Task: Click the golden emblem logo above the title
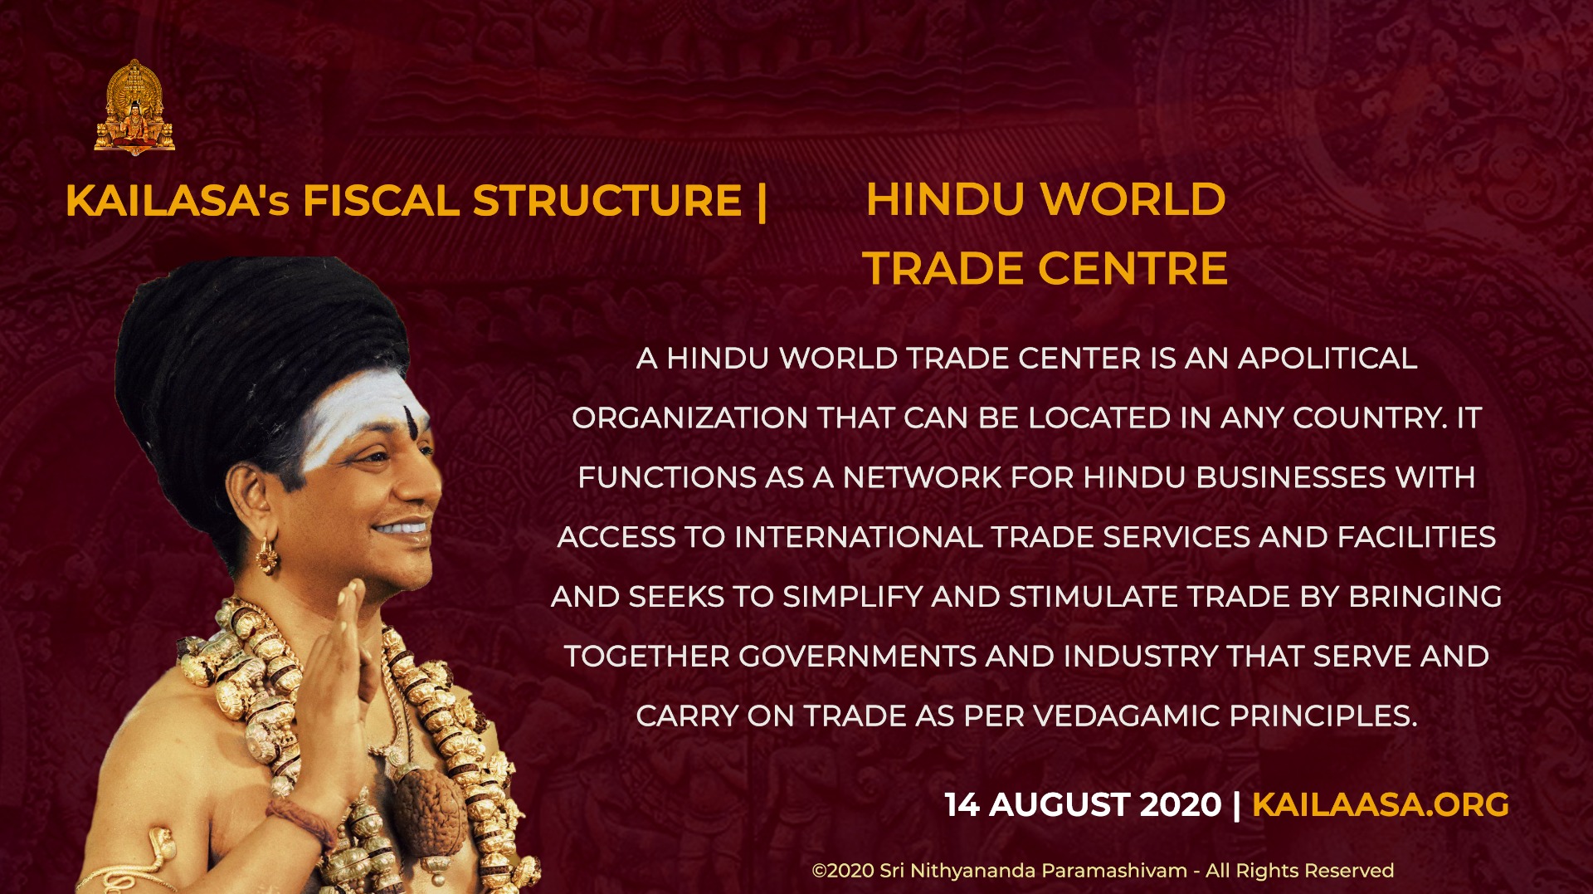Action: (x=134, y=107)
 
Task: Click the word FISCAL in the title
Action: (x=381, y=201)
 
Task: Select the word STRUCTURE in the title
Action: (x=607, y=201)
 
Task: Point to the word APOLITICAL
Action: (x=1327, y=359)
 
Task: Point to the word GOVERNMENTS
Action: (x=857, y=657)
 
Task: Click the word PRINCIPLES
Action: (x=1323, y=716)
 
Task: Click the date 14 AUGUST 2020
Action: (x=1084, y=804)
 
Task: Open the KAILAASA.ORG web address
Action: (x=1381, y=804)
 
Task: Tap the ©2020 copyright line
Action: (x=1103, y=871)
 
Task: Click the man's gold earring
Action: (x=267, y=555)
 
